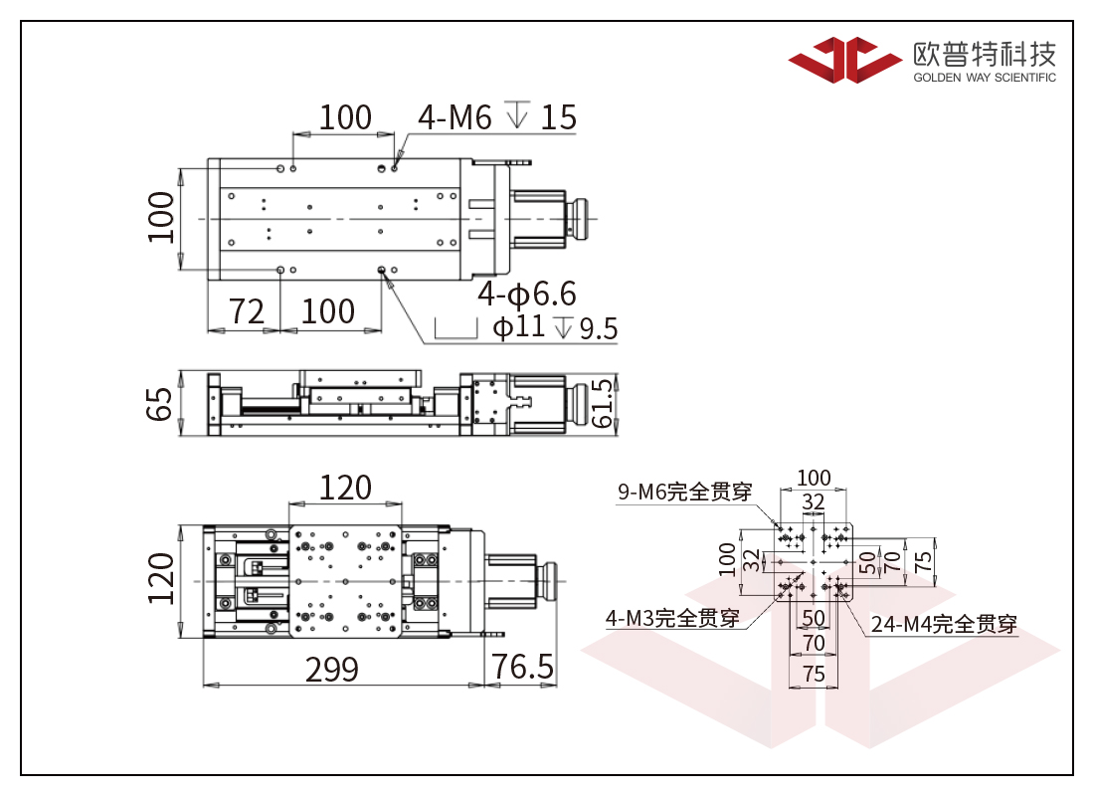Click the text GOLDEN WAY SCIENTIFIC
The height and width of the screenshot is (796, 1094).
pyautogui.click(x=984, y=78)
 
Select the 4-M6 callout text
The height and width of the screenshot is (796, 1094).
pyautogui.click(x=455, y=118)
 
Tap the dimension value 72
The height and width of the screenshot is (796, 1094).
pyautogui.click(x=247, y=311)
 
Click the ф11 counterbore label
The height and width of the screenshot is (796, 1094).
pyautogui.click(x=519, y=326)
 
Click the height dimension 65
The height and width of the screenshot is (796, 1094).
pyautogui.click(x=160, y=403)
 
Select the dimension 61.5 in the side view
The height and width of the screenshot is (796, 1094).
pyautogui.click(x=602, y=403)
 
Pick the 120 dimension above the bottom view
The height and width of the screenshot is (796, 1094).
pyautogui.click(x=345, y=488)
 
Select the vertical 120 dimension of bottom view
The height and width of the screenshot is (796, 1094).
pyautogui.click(x=160, y=579)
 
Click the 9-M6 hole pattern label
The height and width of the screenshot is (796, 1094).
pyautogui.click(x=684, y=492)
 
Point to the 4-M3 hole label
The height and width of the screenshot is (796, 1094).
pyautogui.click(x=672, y=618)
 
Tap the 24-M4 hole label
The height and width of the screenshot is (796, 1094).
pyautogui.click(x=944, y=624)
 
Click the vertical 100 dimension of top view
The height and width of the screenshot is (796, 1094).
pyautogui.click(x=160, y=217)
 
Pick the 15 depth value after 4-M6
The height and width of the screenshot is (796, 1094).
pyautogui.click(x=559, y=117)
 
